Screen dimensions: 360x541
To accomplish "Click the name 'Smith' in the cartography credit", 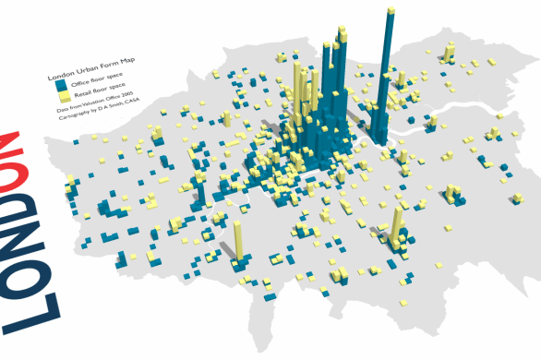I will coord(120,115).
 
